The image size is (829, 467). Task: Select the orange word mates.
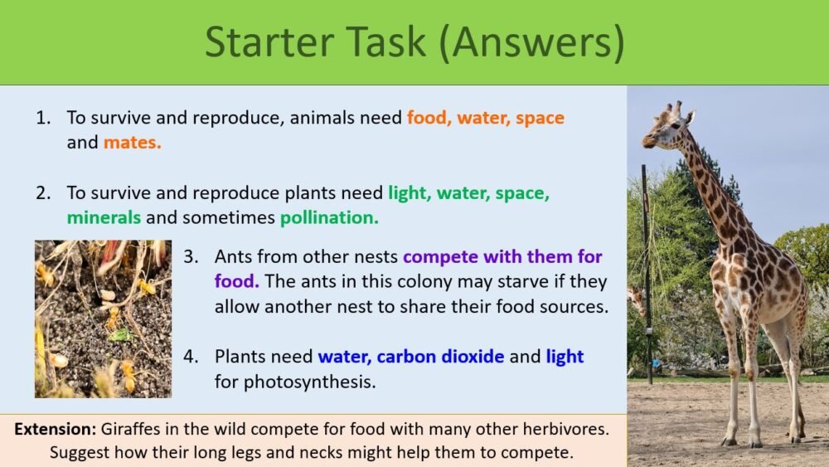tap(132, 143)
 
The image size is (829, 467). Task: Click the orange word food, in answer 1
tap(427, 118)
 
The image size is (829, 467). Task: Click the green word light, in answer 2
tap(410, 194)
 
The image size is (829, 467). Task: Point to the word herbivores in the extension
tap(570, 430)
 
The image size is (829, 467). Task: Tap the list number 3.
tap(190, 256)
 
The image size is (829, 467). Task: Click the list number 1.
tap(42, 118)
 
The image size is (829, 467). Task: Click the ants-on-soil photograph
tap(103, 319)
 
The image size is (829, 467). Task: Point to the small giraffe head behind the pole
tap(635, 297)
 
